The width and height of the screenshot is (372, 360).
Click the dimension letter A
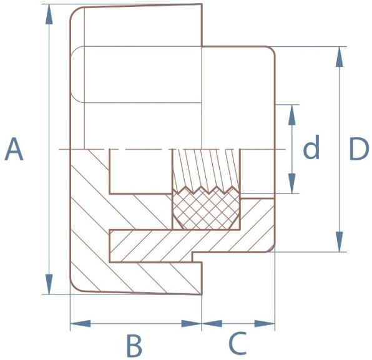click(14, 149)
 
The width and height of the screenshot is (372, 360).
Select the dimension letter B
click(135, 345)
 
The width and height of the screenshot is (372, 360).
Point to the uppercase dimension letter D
click(359, 149)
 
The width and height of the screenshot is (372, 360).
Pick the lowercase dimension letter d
click(311, 147)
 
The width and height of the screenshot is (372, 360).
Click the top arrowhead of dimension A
click(49, 14)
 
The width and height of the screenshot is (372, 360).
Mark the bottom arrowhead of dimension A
click(49, 284)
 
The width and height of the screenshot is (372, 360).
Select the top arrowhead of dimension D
click(340, 56)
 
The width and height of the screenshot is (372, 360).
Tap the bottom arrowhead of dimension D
click(340, 241)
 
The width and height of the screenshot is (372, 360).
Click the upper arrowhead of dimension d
click(292, 115)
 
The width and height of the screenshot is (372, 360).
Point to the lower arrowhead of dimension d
click(292, 183)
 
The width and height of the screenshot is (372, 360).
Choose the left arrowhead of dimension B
click(81, 323)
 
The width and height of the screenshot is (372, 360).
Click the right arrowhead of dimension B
click(192, 323)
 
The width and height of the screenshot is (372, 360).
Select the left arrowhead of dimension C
click(212, 323)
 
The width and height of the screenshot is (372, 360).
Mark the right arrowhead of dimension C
click(265, 323)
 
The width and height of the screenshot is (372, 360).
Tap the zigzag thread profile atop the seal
click(206, 190)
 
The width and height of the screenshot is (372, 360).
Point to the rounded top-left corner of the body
click(76, 13)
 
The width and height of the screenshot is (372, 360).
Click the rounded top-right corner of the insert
click(271, 51)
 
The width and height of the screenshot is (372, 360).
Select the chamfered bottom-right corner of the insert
click(272, 249)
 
